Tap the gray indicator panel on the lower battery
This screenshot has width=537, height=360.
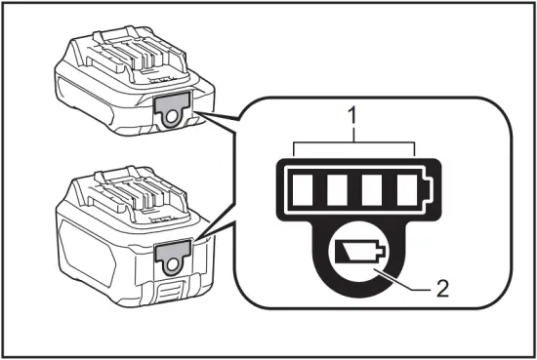(172, 255)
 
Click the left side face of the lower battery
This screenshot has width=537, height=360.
(88, 249)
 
